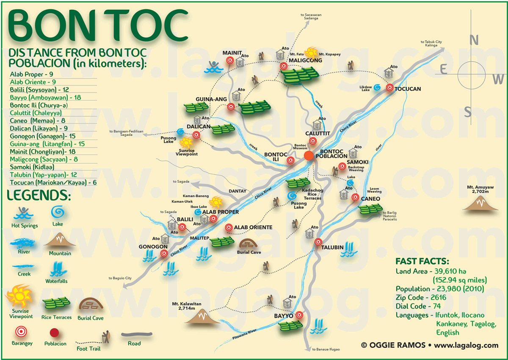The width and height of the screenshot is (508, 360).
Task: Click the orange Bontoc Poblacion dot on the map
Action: (x=309, y=156)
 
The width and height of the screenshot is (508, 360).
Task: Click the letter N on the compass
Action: (x=474, y=40)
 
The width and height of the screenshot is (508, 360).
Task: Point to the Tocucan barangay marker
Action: (x=389, y=89)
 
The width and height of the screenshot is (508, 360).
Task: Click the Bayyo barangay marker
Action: (x=299, y=315)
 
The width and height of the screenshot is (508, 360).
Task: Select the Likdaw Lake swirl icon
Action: (x=378, y=87)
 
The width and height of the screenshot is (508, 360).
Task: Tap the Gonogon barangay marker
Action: (x=164, y=254)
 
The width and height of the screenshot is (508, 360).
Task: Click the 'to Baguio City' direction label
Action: (x=120, y=278)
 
